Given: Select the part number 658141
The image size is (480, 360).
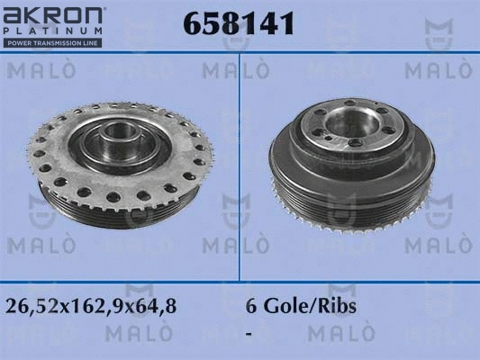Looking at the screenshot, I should click(239, 24).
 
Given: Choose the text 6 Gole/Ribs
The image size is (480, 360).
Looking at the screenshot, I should click(301, 306).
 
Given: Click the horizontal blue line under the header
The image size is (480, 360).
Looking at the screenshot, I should click(240, 54).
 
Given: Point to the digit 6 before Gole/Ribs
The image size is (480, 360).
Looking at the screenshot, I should click(251, 306).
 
